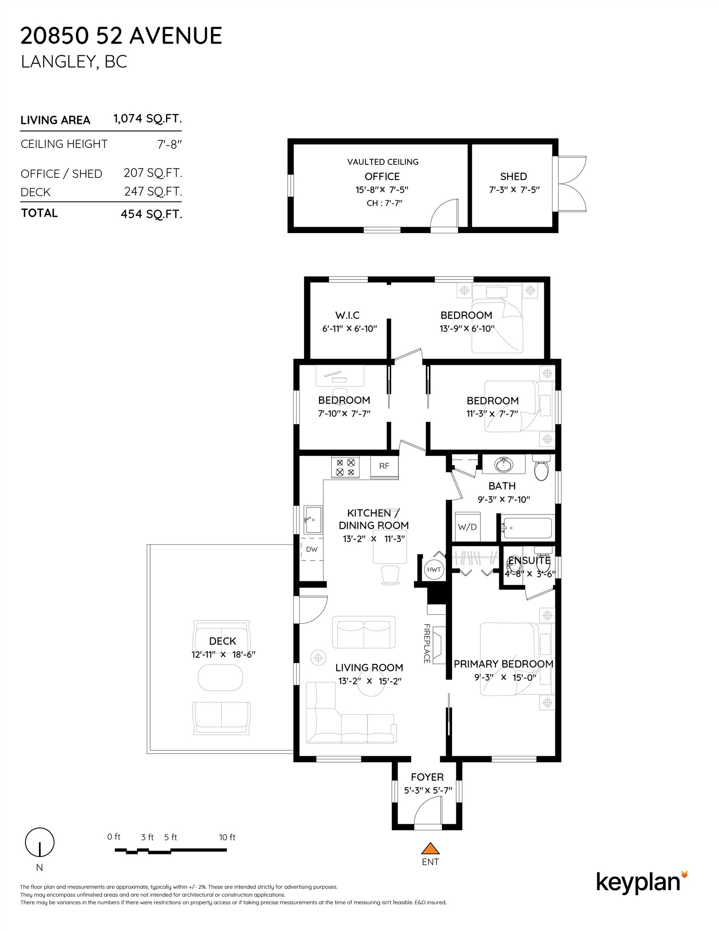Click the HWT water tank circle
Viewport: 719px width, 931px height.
coord(433,569)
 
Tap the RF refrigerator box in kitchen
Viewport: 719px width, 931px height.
coord(384,466)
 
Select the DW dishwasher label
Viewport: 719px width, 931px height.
coord(311,549)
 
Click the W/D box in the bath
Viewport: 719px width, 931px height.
coord(467,527)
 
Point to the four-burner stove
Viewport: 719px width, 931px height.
coord(345,467)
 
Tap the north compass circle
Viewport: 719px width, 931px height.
coord(40,842)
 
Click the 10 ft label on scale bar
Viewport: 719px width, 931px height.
coord(227,837)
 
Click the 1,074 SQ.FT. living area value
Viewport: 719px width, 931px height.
coord(147,118)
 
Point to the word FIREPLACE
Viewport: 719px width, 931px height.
coord(426,643)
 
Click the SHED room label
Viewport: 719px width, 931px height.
coord(513,177)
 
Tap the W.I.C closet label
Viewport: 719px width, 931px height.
coord(347,316)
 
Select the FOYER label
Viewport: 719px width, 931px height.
coord(427,777)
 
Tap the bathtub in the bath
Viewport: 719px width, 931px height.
coord(527,528)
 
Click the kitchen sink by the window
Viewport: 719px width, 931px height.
coord(312,520)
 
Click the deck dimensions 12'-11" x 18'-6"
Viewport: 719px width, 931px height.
coord(223,654)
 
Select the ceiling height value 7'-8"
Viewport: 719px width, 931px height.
coord(170,145)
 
